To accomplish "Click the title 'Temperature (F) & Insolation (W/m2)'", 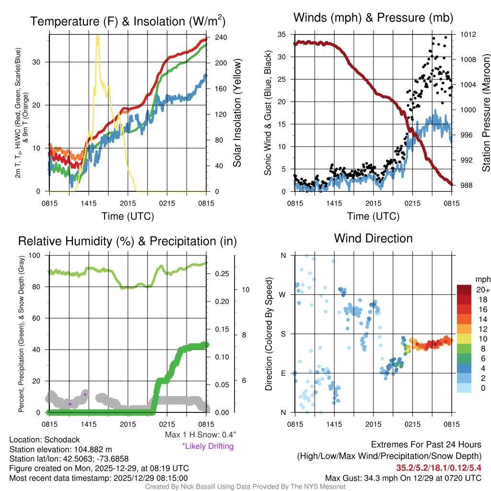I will pos(128,21).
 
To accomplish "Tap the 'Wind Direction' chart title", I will pos(373,238).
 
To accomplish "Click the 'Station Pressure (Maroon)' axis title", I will pos(485,113).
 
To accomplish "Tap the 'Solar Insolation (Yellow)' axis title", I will pos(237,113).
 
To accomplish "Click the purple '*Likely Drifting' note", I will pos(208,446).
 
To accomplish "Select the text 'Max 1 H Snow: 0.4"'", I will pos(200,435).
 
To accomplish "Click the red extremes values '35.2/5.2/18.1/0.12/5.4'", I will pos(438,467).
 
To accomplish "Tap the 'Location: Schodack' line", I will pos(44,440).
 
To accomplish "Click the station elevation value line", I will pos(60,449).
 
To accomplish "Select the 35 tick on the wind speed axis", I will pos(283,35).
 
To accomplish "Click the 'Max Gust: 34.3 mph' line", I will pos(403,478).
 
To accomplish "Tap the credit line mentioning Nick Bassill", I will pos(245,486).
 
